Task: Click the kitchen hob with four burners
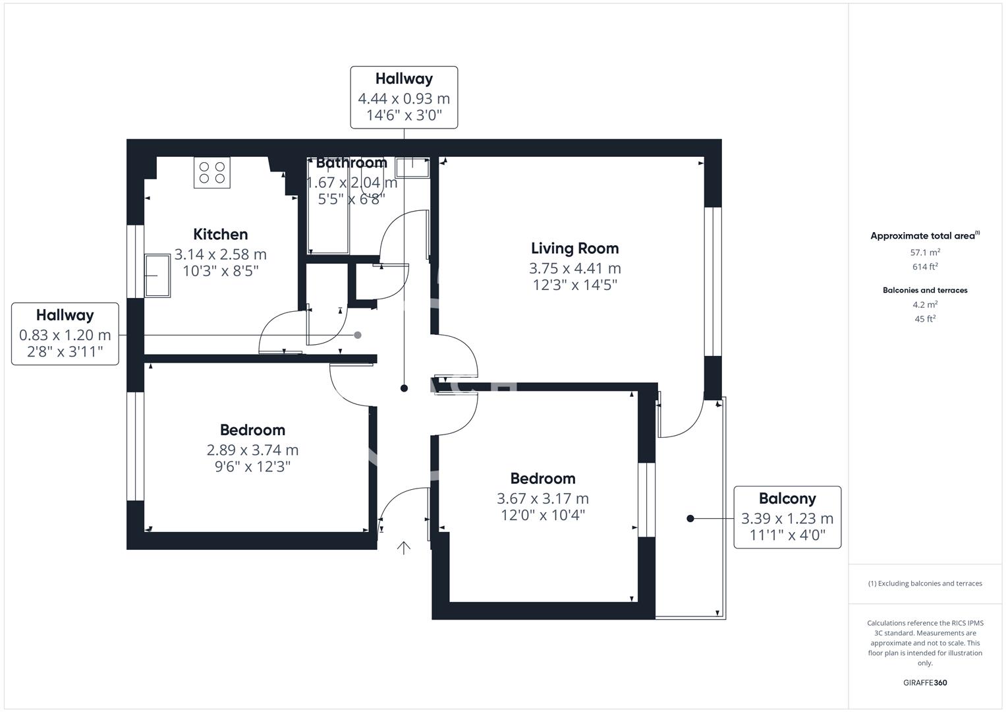(211, 173)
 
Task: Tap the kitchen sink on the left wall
(158, 276)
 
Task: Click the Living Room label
(574, 249)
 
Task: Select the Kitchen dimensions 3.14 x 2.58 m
(220, 254)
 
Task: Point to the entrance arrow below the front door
(403, 548)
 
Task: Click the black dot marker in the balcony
(690, 519)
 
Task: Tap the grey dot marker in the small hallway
(358, 335)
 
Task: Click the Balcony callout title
(787, 498)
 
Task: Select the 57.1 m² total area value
(925, 252)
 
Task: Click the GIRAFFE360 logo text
(924, 682)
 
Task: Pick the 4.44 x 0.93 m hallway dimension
(403, 99)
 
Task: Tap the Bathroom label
(351, 163)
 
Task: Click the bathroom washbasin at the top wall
(413, 167)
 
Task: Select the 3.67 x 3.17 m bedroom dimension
(542, 499)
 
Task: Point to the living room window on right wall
(712, 282)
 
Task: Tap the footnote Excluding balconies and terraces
(925, 583)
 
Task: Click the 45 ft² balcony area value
(925, 319)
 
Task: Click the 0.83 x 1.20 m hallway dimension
(65, 336)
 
